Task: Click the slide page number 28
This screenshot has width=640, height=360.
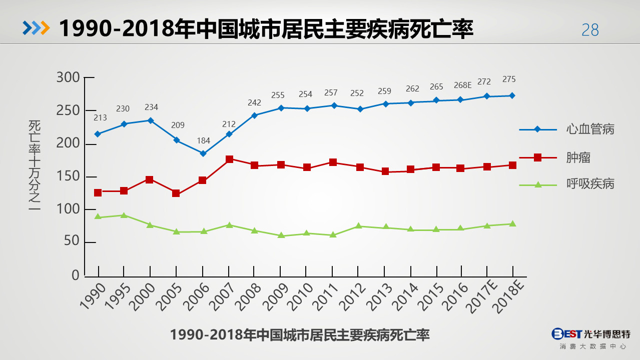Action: (590, 30)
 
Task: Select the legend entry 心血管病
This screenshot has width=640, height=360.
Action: (590, 129)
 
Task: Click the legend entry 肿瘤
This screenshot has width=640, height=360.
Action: (578, 157)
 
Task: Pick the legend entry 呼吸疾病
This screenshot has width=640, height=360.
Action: (590, 184)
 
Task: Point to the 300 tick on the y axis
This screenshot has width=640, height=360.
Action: (69, 77)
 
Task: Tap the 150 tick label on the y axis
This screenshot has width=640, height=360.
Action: (69, 176)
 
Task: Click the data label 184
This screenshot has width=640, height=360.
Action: (203, 141)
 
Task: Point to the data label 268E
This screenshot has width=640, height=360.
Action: (462, 85)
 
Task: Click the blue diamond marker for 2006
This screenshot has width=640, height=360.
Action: (203, 153)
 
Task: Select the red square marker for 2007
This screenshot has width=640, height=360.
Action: (229, 159)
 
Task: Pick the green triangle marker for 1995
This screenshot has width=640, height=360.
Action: (124, 215)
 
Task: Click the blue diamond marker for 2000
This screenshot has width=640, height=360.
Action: (150, 120)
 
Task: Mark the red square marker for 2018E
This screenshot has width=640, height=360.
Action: (512, 165)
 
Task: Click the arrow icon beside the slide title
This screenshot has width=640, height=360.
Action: (36, 28)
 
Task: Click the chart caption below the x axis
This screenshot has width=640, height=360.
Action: (300, 334)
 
